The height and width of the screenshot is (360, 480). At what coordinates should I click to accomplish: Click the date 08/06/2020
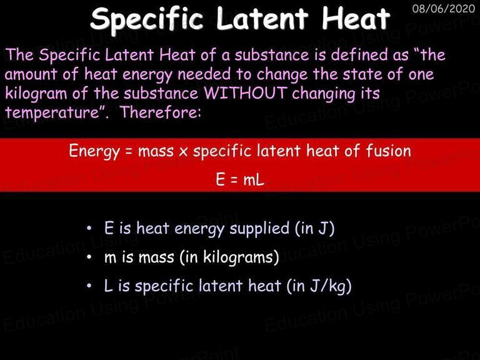pos(443,8)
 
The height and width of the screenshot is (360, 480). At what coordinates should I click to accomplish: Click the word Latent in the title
pos(262,18)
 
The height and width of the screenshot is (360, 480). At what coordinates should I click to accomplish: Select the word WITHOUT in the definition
pos(247,92)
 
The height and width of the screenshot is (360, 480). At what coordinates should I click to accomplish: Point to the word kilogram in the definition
pos(36,94)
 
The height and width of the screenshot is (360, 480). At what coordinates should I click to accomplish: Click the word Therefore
pos(161,112)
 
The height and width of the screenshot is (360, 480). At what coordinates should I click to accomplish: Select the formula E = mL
pos(240,179)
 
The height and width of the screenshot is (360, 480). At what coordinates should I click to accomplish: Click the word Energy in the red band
pos(94,151)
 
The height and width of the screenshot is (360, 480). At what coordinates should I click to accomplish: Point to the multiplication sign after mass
pos(183,152)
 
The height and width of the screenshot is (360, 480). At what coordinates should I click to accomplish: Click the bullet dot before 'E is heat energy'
pos(89,228)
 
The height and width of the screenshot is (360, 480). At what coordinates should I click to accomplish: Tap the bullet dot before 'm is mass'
pos(89,257)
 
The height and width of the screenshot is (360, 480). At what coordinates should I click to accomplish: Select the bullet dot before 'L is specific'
pos(89,286)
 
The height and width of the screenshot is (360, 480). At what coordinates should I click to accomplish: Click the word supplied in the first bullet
pos(259,229)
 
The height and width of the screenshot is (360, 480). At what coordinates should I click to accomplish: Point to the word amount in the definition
pos(31,74)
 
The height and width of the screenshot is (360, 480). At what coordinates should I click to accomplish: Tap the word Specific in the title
pos(147,19)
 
